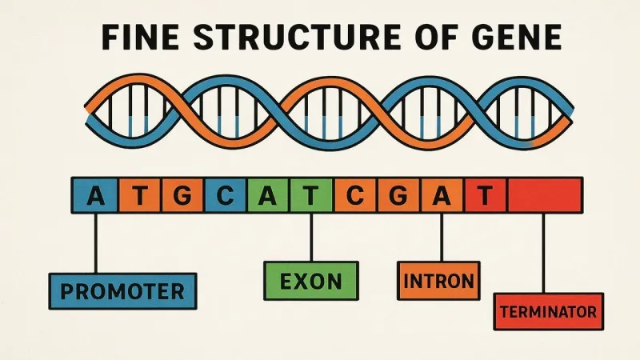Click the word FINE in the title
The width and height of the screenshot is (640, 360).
click(x=140, y=37)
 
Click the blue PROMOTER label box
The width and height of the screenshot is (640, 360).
click(x=123, y=291)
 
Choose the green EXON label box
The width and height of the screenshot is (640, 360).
click(x=311, y=281)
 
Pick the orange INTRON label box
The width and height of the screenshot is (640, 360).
click(x=438, y=281)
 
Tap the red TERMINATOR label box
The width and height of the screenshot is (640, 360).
click(x=549, y=311)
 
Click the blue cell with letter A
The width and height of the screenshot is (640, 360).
click(x=95, y=195)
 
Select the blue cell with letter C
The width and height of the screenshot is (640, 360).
click(x=226, y=195)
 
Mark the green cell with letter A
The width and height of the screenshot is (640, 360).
click(x=268, y=195)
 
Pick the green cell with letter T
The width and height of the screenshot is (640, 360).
click(x=311, y=195)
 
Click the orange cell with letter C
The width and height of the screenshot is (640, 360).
click(x=355, y=195)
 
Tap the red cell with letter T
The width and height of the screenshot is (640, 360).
click(x=486, y=195)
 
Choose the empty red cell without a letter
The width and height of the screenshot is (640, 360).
click(x=545, y=195)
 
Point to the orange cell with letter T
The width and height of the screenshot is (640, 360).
click(x=140, y=195)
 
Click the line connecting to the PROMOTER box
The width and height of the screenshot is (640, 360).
click(x=96, y=243)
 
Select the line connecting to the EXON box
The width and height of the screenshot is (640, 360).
click(x=311, y=238)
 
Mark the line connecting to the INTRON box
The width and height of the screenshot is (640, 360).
click(x=442, y=238)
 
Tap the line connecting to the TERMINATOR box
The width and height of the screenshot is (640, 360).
click(x=543, y=253)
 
